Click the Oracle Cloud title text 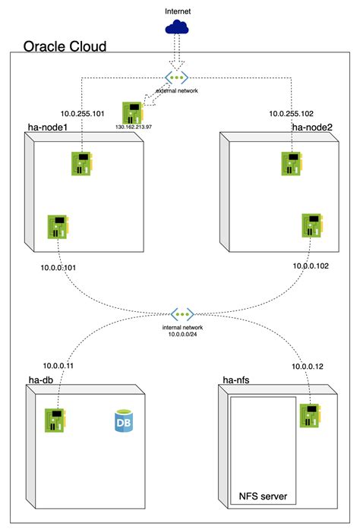65,46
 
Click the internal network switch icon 182,313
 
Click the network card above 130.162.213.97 134,112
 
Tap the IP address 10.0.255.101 57,113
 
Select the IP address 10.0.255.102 292,113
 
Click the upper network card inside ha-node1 84,163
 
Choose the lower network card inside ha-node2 312,225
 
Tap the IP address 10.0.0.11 60,365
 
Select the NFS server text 262,497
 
